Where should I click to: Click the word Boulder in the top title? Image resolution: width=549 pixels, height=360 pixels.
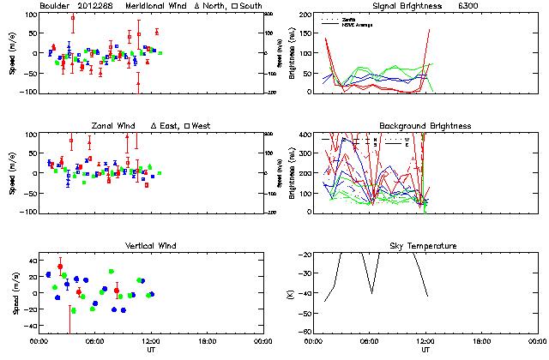54,6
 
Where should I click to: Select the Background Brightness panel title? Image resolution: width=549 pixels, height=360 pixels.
425,126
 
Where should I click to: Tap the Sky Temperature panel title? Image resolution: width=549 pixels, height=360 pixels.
425,246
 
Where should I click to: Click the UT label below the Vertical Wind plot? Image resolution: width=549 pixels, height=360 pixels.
150,349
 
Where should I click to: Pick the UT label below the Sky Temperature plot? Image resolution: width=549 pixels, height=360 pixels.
425,349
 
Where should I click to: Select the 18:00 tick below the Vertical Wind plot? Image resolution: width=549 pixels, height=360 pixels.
206,340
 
